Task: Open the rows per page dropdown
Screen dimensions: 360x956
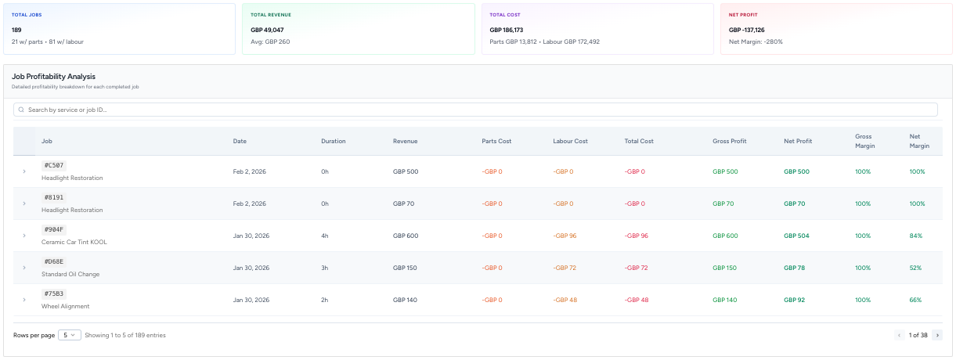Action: pos(70,335)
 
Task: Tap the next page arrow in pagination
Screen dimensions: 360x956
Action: pos(937,335)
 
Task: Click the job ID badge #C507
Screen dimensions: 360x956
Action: pos(55,166)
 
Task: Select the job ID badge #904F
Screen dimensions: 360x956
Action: pos(55,230)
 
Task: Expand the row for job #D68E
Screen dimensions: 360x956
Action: pos(24,268)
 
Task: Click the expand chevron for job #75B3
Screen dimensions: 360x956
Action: pos(24,300)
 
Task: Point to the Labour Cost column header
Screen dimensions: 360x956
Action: pos(570,141)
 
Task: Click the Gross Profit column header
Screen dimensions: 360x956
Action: pos(729,141)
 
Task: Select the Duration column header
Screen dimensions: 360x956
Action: pos(333,141)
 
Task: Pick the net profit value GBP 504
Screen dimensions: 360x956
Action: pos(796,236)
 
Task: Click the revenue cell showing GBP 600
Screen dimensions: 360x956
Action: pos(406,236)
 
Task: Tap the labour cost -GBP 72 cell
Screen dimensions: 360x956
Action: pos(564,268)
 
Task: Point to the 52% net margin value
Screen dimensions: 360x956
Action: pos(915,268)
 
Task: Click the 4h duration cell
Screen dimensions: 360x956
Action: pos(324,236)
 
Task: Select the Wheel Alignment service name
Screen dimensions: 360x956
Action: pos(66,306)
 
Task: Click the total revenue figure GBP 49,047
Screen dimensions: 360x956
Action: pos(267,30)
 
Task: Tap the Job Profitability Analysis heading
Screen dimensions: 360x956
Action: pos(53,77)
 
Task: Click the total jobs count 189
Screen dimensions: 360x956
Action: pos(16,30)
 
